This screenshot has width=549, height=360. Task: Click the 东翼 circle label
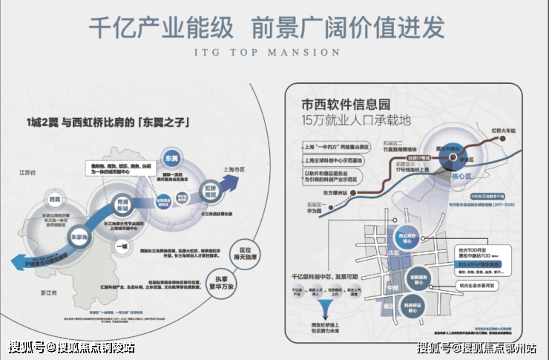172,159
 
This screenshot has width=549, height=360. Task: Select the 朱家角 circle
78,235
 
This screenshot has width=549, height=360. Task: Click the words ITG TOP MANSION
274,52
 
